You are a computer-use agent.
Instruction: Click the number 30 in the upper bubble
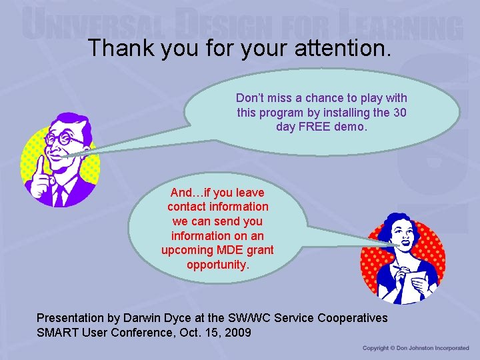[399, 112]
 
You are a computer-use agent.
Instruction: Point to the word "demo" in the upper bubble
[353, 126]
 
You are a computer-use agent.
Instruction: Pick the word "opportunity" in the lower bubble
[217, 265]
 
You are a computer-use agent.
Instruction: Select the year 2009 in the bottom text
[238, 332]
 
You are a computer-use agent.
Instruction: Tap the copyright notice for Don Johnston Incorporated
[416, 348]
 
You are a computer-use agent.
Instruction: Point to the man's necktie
[61, 195]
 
